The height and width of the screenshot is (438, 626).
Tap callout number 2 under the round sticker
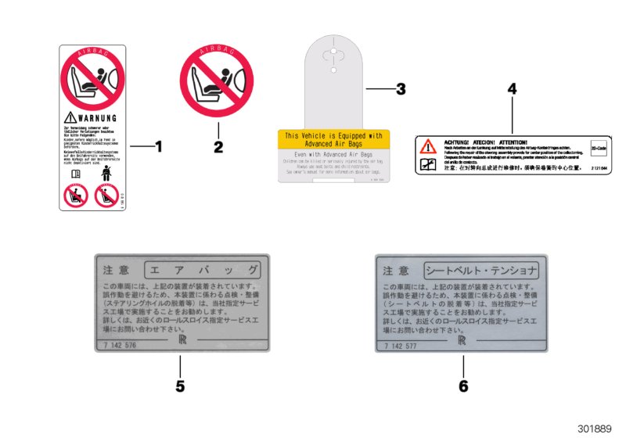pyautogui.click(x=218, y=145)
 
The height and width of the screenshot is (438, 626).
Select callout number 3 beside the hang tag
pyautogui.click(x=401, y=89)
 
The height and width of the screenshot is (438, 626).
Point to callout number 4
pyautogui.click(x=513, y=89)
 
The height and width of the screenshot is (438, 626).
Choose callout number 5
pyautogui.click(x=180, y=386)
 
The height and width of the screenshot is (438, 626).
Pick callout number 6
pyautogui.click(x=463, y=386)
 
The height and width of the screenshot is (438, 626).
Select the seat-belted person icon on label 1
pyautogui.click(x=106, y=173)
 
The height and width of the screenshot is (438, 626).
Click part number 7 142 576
pyautogui.click(x=119, y=345)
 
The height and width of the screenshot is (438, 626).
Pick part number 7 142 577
pyautogui.click(x=401, y=345)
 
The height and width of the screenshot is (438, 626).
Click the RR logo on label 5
pyautogui.click(x=181, y=342)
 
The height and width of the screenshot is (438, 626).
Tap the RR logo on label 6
pyautogui.click(x=463, y=342)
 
